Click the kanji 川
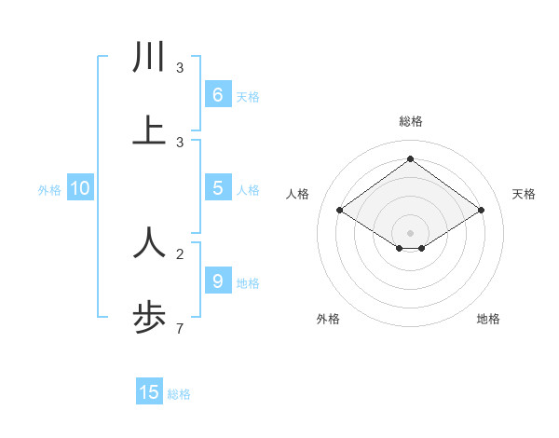[149, 57]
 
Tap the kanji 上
[149, 131]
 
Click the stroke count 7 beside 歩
[180, 328]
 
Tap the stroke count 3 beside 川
[180, 67]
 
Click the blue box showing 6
[218, 94]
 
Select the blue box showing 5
[218, 188]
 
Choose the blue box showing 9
[218, 281]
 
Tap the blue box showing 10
[80, 188]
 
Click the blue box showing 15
[149, 392]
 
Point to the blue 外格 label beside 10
[49, 189]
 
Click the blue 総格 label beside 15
[179, 394]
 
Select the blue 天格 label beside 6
[248, 96]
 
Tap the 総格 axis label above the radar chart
[410, 121]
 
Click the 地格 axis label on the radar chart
[488, 319]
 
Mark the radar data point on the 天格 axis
[481, 211]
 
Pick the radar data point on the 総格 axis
[410, 158]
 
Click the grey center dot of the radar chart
[410, 232]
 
